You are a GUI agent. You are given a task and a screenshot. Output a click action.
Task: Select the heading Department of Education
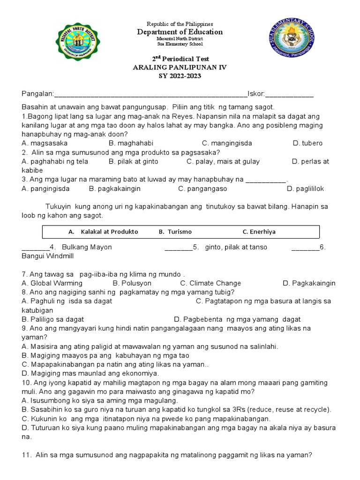click(180, 32)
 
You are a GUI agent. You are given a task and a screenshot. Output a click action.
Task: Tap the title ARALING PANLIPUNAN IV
click(180, 67)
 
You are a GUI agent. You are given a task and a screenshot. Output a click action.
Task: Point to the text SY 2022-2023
click(180, 76)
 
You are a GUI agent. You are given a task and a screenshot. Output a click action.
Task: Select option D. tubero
click(307, 143)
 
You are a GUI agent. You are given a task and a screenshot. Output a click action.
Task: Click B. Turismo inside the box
click(175, 232)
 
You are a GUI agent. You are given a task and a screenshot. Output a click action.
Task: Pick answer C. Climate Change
click(210, 283)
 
